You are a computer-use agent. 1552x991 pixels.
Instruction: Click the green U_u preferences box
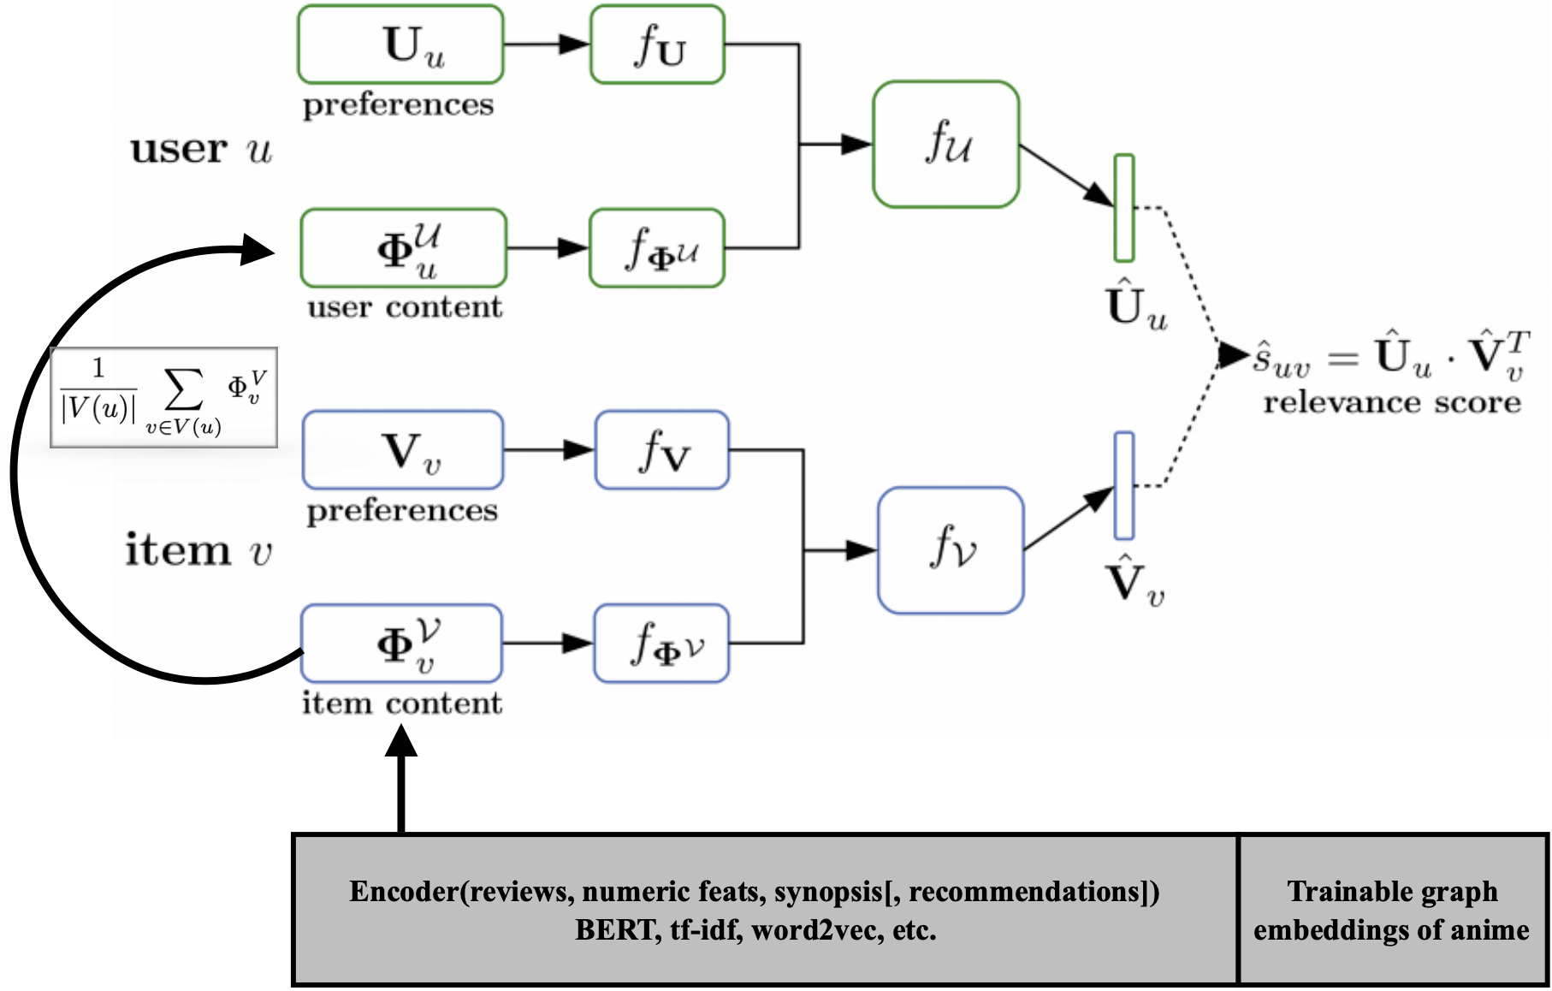click(400, 45)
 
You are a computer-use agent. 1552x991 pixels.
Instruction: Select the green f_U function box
click(657, 45)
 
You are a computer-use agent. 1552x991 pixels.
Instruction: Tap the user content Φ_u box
click(403, 248)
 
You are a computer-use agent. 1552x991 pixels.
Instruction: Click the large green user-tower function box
click(945, 144)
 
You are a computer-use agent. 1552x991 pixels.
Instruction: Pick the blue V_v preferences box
click(403, 450)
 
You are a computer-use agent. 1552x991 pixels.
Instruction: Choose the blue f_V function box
click(662, 450)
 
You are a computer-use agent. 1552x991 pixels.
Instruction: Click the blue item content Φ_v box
click(401, 644)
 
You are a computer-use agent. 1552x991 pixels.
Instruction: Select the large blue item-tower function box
click(951, 550)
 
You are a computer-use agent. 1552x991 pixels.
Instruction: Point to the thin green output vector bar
click(1124, 208)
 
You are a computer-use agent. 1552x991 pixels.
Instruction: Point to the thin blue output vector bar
click(1124, 485)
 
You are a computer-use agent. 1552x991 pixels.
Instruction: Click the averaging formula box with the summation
click(163, 397)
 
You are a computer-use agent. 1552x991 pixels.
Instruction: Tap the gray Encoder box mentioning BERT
click(765, 910)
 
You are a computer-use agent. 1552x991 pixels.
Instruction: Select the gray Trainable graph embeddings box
click(1393, 910)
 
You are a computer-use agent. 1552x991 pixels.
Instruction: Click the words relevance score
click(1392, 402)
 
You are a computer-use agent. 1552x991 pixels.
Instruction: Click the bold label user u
click(200, 149)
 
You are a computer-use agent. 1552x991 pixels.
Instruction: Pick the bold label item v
click(198, 549)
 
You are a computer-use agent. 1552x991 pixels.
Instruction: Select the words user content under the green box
click(405, 307)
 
